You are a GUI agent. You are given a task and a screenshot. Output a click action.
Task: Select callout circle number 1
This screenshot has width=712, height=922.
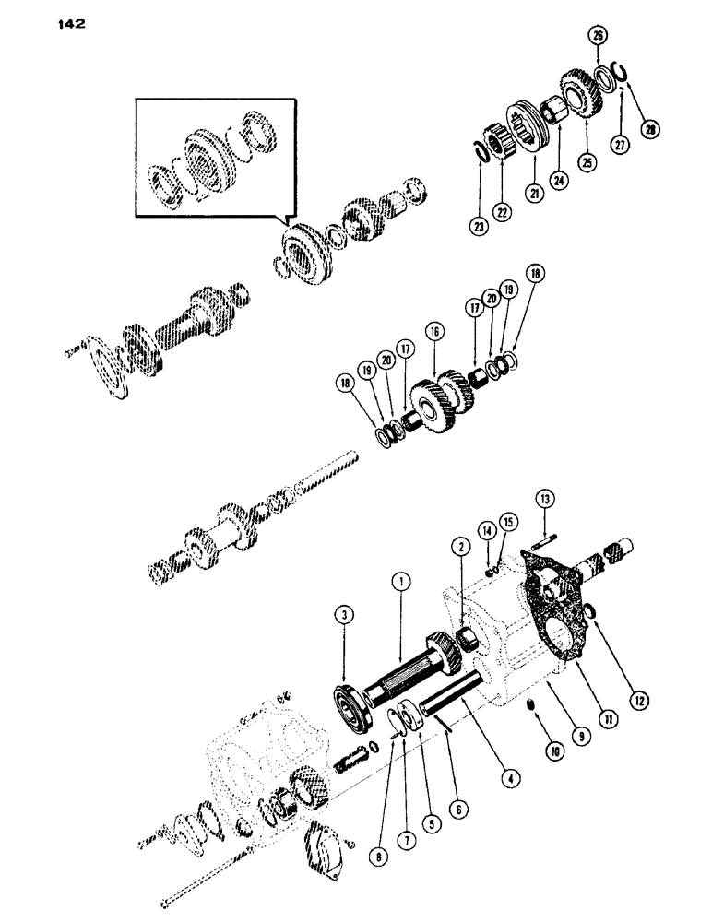coord(398,581)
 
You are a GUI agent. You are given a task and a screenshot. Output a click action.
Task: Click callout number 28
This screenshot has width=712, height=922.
coord(652,132)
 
